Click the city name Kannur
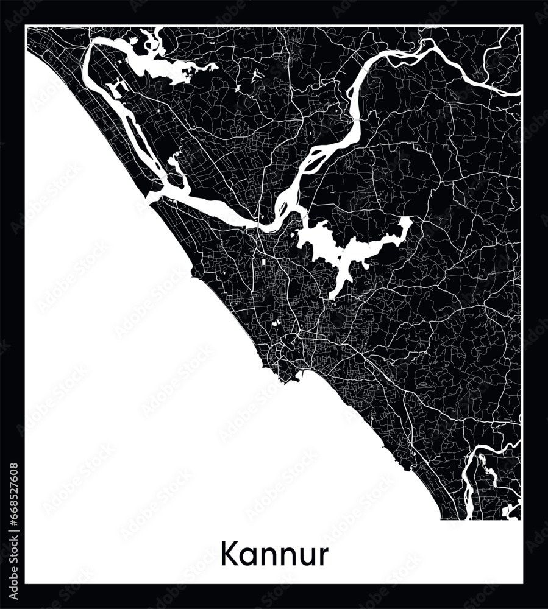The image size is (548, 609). point(274,555)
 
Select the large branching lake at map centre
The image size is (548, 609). point(329,247)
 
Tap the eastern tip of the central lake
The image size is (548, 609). point(407,223)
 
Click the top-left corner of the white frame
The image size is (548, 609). point(26,26)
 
